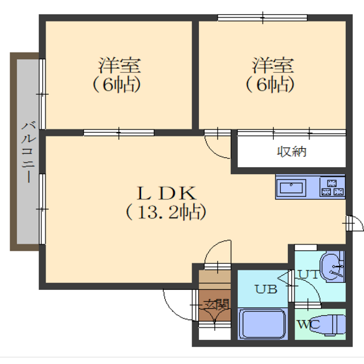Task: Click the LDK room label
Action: [x=166, y=194]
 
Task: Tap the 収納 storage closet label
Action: [x=292, y=152]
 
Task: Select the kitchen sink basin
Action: [x=291, y=188]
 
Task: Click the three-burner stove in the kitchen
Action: [x=332, y=188]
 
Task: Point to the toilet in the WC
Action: [x=328, y=324]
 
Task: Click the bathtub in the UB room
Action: [x=263, y=324]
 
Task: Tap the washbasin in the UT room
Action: [x=332, y=267]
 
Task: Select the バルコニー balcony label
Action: [x=29, y=152]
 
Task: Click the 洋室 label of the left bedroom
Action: [x=120, y=66]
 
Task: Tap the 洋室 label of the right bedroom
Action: [x=272, y=66]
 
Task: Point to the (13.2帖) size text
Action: [x=166, y=212]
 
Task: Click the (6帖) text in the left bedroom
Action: [x=117, y=84]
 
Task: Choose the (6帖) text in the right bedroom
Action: [x=270, y=84]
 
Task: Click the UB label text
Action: [x=266, y=289]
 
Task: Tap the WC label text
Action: [x=309, y=324]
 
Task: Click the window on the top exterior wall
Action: [x=263, y=18]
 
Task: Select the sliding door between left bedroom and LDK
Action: [x=119, y=133]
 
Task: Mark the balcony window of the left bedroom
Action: [x=42, y=94]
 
